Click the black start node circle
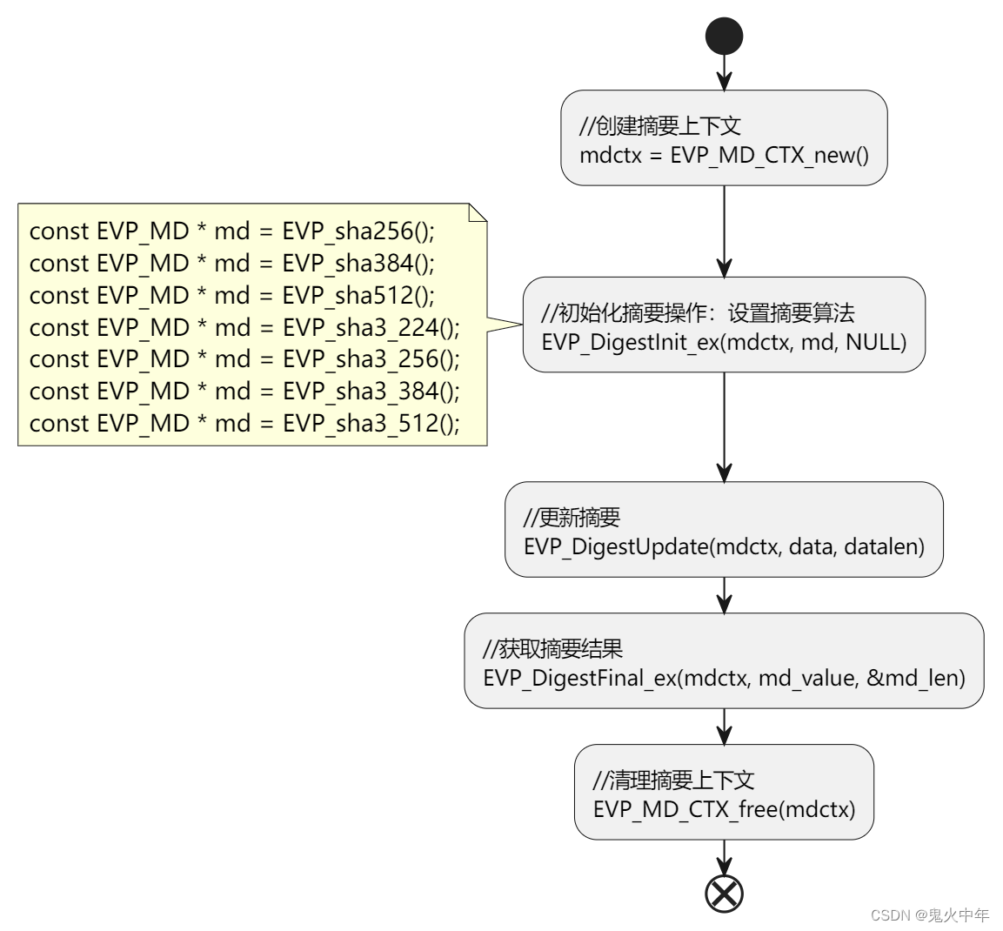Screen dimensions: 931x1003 click(x=724, y=37)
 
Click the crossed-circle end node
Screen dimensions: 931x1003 click(x=724, y=893)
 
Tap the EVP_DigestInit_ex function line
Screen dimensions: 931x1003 click(x=724, y=342)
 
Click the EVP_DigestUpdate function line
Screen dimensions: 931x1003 click(x=724, y=546)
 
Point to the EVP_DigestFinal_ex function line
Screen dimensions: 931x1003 click(x=724, y=678)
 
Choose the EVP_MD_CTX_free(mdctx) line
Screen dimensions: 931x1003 click(x=724, y=809)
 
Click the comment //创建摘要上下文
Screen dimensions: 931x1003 click(x=660, y=125)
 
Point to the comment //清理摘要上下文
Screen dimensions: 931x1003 click(x=673, y=780)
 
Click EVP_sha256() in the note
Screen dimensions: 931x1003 click(x=358, y=231)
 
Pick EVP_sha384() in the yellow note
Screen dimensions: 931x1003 click(x=358, y=264)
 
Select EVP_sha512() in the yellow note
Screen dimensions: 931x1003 click(x=358, y=296)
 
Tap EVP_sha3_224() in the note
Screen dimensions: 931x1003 click(x=371, y=328)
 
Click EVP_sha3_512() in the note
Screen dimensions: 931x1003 click(x=371, y=424)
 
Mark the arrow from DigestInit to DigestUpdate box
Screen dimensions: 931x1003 click(x=724, y=426)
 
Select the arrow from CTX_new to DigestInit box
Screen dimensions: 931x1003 click(x=724, y=231)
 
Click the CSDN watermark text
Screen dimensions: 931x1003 click(x=929, y=915)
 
